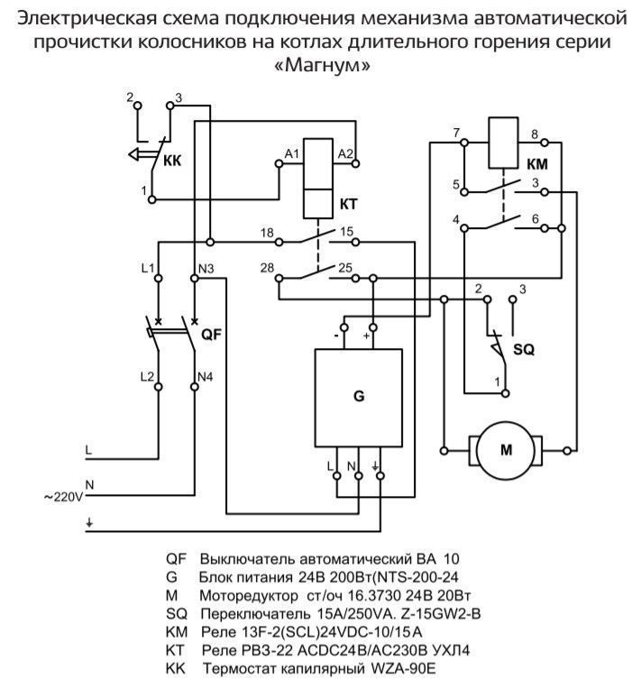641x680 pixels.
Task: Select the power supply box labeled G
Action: coord(358,395)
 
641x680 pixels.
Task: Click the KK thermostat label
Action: coord(173,162)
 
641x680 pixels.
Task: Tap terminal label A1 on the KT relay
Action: coord(291,154)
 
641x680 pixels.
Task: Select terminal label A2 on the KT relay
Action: coord(344,154)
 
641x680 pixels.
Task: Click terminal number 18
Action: coord(267,234)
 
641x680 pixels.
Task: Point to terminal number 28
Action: coord(267,269)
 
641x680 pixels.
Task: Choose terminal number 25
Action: coord(345,269)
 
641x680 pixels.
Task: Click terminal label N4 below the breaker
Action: coord(206,374)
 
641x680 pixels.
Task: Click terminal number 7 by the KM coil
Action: coord(457,133)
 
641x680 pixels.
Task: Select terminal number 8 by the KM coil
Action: coord(535,133)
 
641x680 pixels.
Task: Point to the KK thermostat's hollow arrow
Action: coord(137,153)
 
